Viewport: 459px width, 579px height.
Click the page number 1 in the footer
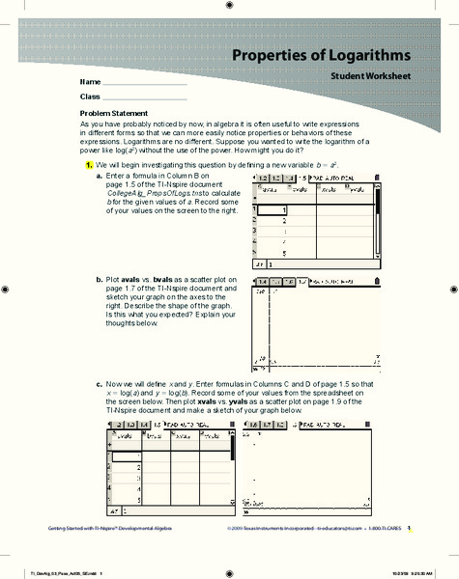pyautogui.click(x=409, y=529)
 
